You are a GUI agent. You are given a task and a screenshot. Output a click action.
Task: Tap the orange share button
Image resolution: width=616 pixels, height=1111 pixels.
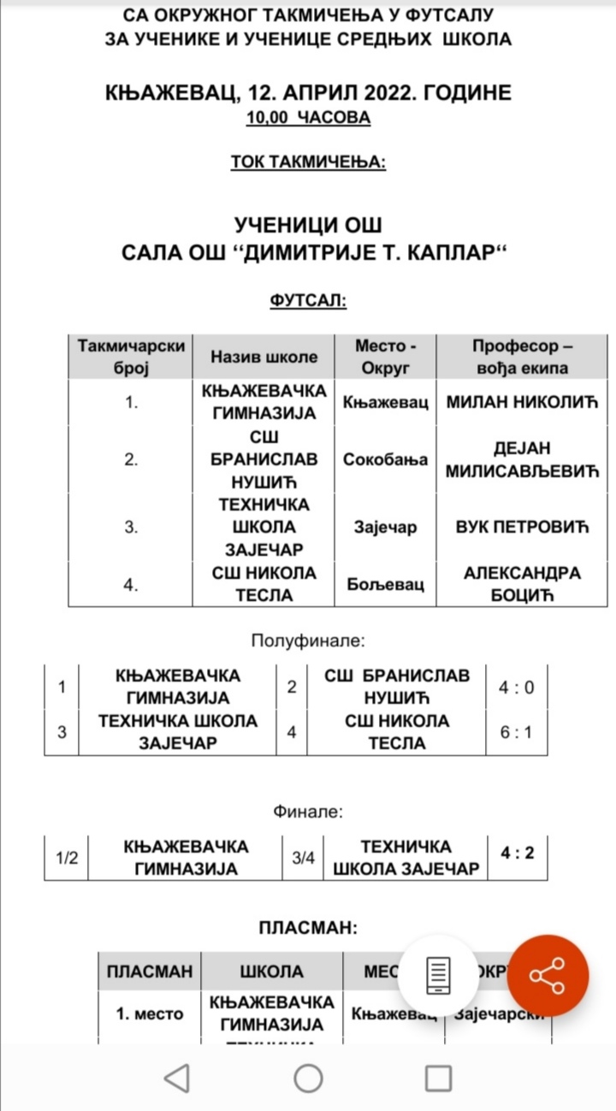coord(548,975)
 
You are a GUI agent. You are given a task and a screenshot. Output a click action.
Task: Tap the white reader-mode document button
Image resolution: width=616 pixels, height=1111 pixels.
coord(439,975)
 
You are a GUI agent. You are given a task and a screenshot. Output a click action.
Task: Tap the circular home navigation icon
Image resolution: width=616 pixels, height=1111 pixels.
coord(308,1078)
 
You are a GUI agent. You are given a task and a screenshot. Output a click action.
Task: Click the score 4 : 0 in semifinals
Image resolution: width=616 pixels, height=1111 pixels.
coord(516,687)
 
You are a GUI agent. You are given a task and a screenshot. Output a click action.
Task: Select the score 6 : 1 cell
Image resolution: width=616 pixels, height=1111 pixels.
coord(516,732)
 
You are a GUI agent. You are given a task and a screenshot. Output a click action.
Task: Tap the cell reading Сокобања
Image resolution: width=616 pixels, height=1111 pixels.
coord(385,459)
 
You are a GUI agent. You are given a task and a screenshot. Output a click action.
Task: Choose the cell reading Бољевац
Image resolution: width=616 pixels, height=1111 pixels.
coord(385,585)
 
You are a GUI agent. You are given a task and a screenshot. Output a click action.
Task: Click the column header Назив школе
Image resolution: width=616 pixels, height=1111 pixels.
coord(264,358)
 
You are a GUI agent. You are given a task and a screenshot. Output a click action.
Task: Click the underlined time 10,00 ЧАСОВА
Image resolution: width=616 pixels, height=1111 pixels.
coord(308,118)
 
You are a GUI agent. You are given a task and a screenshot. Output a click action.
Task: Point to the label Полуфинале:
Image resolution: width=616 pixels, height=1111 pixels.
coord(308,640)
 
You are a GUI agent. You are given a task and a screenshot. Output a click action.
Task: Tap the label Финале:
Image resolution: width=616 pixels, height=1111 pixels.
coord(308,811)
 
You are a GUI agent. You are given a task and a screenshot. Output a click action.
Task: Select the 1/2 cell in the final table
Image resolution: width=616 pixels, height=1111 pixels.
coord(67,858)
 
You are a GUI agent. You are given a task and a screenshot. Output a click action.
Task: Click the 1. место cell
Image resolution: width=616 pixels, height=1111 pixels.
coord(150,1013)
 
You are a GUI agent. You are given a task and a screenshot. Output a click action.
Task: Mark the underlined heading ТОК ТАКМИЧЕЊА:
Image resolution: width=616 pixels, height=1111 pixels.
coord(308,162)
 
